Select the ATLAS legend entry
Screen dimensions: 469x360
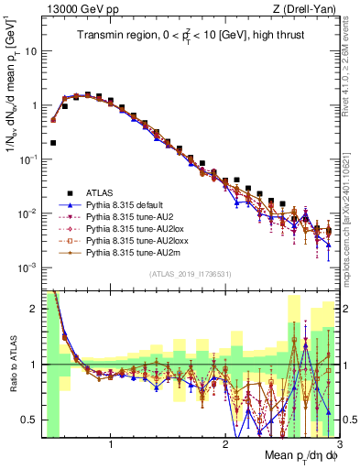(101, 192)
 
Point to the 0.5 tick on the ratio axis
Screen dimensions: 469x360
(31, 420)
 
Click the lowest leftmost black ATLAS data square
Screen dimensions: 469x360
(53, 143)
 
